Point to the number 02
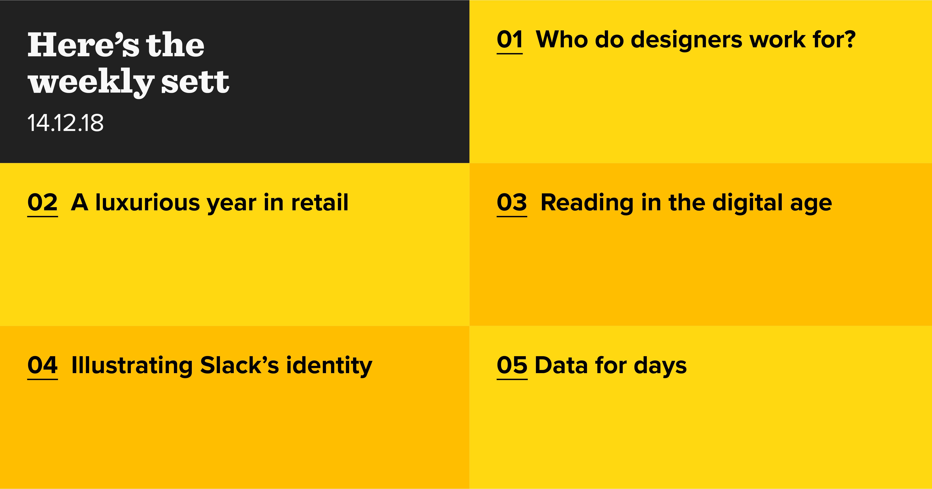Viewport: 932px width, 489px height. tap(42, 202)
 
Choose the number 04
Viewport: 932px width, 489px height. tap(42, 365)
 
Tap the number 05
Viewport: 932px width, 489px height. tap(512, 365)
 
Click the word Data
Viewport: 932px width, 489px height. tap(561, 365)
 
